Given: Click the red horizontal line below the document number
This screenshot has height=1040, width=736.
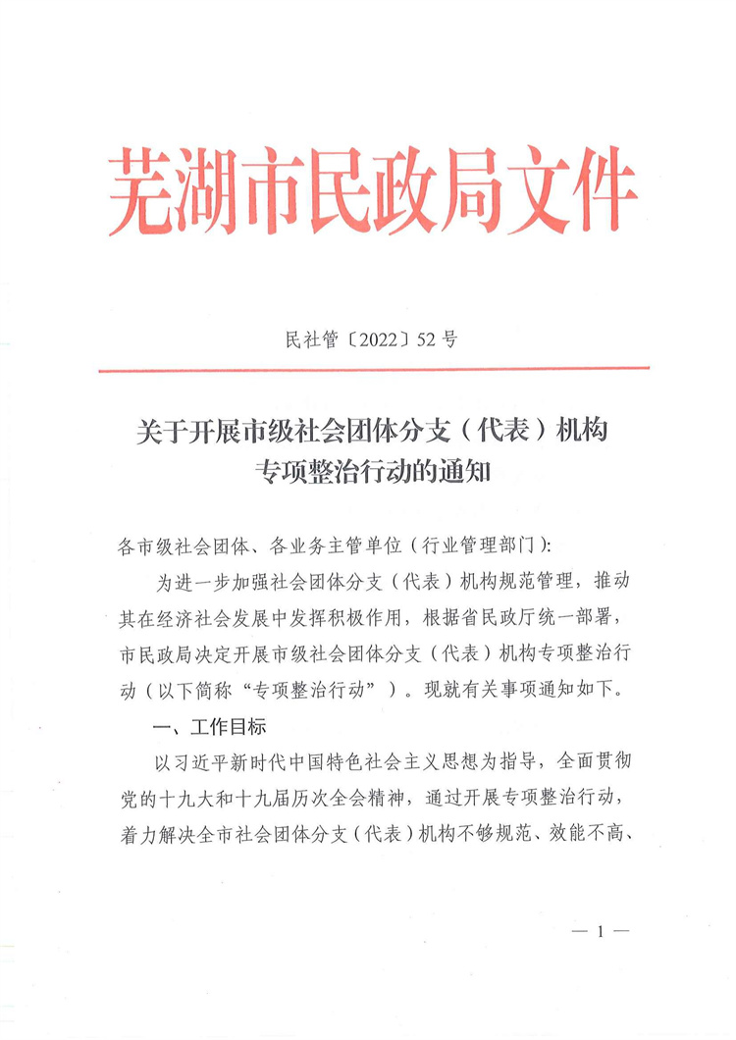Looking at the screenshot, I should click(x=374, y=370).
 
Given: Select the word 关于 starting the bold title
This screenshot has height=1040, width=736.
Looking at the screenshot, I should click(x=157, y=431).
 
